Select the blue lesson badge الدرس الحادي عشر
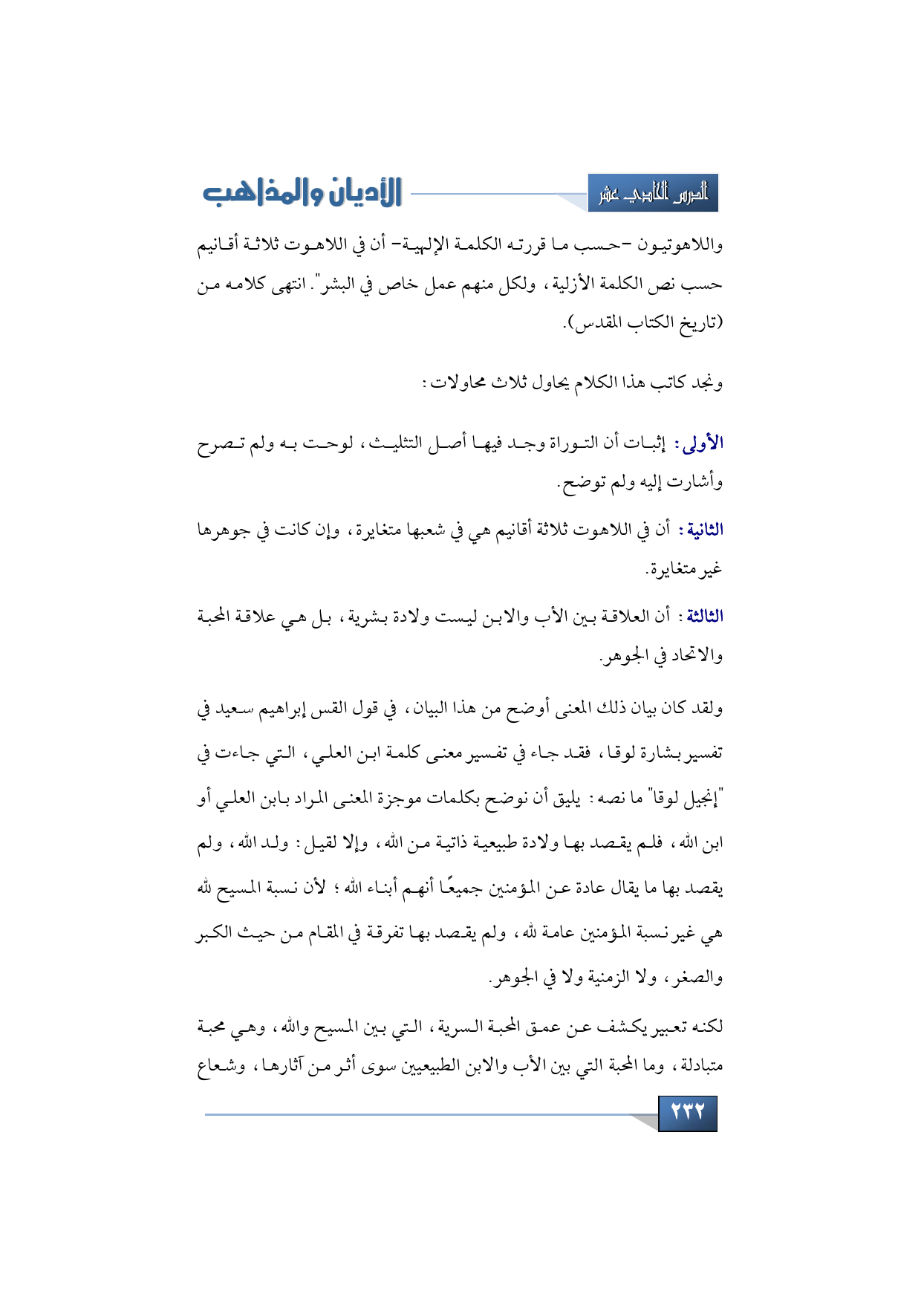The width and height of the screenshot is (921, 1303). point(653,194)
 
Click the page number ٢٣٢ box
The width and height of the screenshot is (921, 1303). point(687,1112)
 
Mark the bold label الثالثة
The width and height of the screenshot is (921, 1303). point(704,616)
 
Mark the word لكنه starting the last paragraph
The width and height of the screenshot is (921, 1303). point(706,1026)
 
